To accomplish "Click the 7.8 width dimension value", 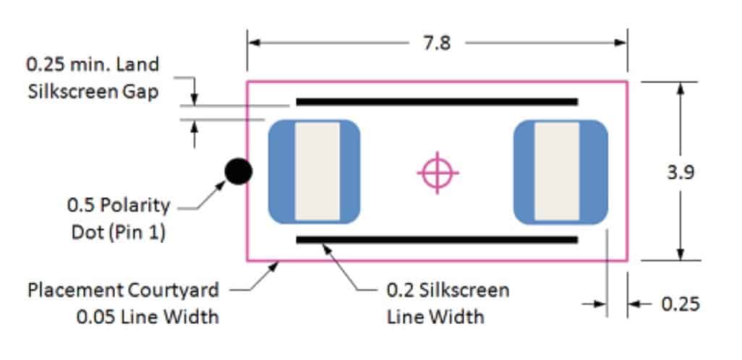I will point(436,43).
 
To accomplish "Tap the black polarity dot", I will point(238,171).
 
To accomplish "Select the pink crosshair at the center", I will point(438,172).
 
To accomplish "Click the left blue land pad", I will point(281,171).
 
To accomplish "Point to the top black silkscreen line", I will point(437,102).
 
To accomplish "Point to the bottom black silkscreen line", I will point(437,239).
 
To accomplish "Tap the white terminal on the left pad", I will point(317,171).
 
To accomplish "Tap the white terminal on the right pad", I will point(557,171).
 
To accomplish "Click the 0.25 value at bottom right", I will point(681,304).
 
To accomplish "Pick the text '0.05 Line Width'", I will point(148,317).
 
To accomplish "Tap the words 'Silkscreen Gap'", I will point(92,92).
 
